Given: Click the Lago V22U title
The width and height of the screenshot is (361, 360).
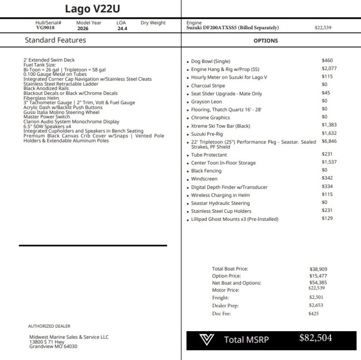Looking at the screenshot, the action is pos(93,9).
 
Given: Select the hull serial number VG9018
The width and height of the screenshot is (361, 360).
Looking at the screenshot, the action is pos(45,28).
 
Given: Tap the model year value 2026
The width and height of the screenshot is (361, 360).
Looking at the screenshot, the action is pos(83,28).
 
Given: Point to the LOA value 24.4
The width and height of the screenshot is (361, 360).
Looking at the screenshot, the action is pos(123,28).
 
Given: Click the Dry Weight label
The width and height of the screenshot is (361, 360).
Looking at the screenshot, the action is pos(153,22).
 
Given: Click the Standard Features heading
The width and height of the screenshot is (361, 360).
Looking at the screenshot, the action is pos(55,40).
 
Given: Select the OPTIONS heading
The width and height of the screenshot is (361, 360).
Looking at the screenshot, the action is pos(266,40).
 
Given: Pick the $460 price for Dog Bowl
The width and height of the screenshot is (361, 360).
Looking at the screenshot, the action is pos(327,60).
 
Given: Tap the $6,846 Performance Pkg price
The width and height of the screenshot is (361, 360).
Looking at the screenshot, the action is pos(329,141).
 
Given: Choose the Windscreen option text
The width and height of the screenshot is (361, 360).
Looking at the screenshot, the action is pos(204,179).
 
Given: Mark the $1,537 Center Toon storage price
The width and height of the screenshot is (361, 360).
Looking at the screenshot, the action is pos(329,162).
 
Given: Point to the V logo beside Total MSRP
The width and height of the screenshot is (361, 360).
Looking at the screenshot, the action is pos(207,340).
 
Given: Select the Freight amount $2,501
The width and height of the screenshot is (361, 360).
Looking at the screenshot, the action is pos(316,297).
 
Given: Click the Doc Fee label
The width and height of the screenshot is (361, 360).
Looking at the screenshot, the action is pos(221,314).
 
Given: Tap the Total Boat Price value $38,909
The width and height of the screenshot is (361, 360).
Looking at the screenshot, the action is pos(318,269).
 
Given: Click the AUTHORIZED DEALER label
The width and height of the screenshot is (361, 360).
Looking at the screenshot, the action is pos(49,326).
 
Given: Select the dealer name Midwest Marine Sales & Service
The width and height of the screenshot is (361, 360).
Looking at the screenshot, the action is pos(69,337).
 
